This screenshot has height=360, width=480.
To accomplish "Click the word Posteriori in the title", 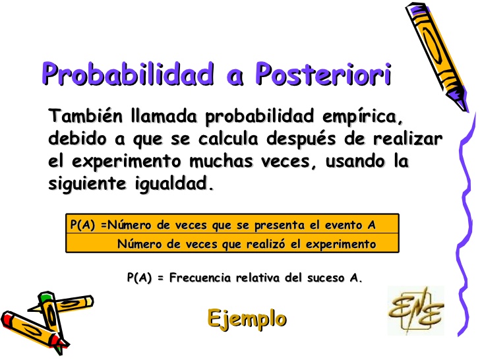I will click(323, 75).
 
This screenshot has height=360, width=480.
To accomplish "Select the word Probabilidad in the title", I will click(129, 75).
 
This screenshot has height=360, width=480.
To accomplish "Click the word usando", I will click(345, 162).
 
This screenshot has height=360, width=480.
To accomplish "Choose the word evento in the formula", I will click(340, 225).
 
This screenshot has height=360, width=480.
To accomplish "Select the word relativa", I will click(264, 278).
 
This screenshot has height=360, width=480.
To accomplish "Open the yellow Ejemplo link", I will click(247, 318).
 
